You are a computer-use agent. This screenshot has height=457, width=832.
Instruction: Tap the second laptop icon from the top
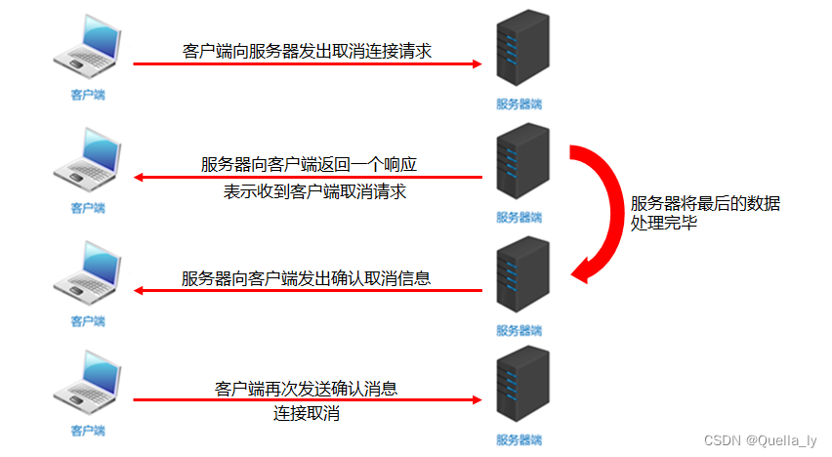tap(87, 161)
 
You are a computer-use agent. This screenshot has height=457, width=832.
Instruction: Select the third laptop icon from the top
tap(87, 273)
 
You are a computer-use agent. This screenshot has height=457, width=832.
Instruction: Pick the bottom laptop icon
tap(87, 385)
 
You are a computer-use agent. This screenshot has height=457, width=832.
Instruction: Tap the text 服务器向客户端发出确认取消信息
tap(307, 277)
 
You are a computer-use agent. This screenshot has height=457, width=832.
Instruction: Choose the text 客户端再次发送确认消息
tap(307, 388)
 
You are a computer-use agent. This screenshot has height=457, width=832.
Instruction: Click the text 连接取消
tap(307, 414)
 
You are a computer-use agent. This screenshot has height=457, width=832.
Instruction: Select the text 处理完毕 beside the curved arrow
tap(664, 224)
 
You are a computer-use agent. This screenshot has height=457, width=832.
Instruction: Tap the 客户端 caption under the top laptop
tap(87, 95)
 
